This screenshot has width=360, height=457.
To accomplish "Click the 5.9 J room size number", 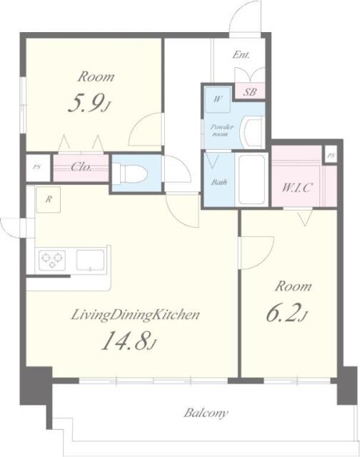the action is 89,104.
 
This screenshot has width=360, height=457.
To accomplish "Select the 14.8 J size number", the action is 129,341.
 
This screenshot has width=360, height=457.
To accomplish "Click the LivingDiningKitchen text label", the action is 136,315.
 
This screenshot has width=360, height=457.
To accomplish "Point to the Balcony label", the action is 206,413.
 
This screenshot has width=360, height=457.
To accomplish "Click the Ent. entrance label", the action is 241,55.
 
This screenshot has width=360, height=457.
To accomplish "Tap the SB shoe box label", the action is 250,92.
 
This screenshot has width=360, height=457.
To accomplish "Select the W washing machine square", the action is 218,99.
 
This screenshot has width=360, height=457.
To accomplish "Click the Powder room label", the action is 222,131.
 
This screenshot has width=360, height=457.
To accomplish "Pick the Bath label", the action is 219,183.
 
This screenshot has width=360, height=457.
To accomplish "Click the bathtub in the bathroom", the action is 251,179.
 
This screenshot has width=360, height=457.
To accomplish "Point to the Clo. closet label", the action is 81,167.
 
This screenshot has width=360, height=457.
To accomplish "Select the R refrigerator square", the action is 49,200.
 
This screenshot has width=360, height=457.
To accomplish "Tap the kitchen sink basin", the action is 91,260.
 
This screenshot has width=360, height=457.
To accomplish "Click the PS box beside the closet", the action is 38,167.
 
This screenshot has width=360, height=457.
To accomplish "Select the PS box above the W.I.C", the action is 331,156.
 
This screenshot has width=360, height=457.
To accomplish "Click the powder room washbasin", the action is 252,133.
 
